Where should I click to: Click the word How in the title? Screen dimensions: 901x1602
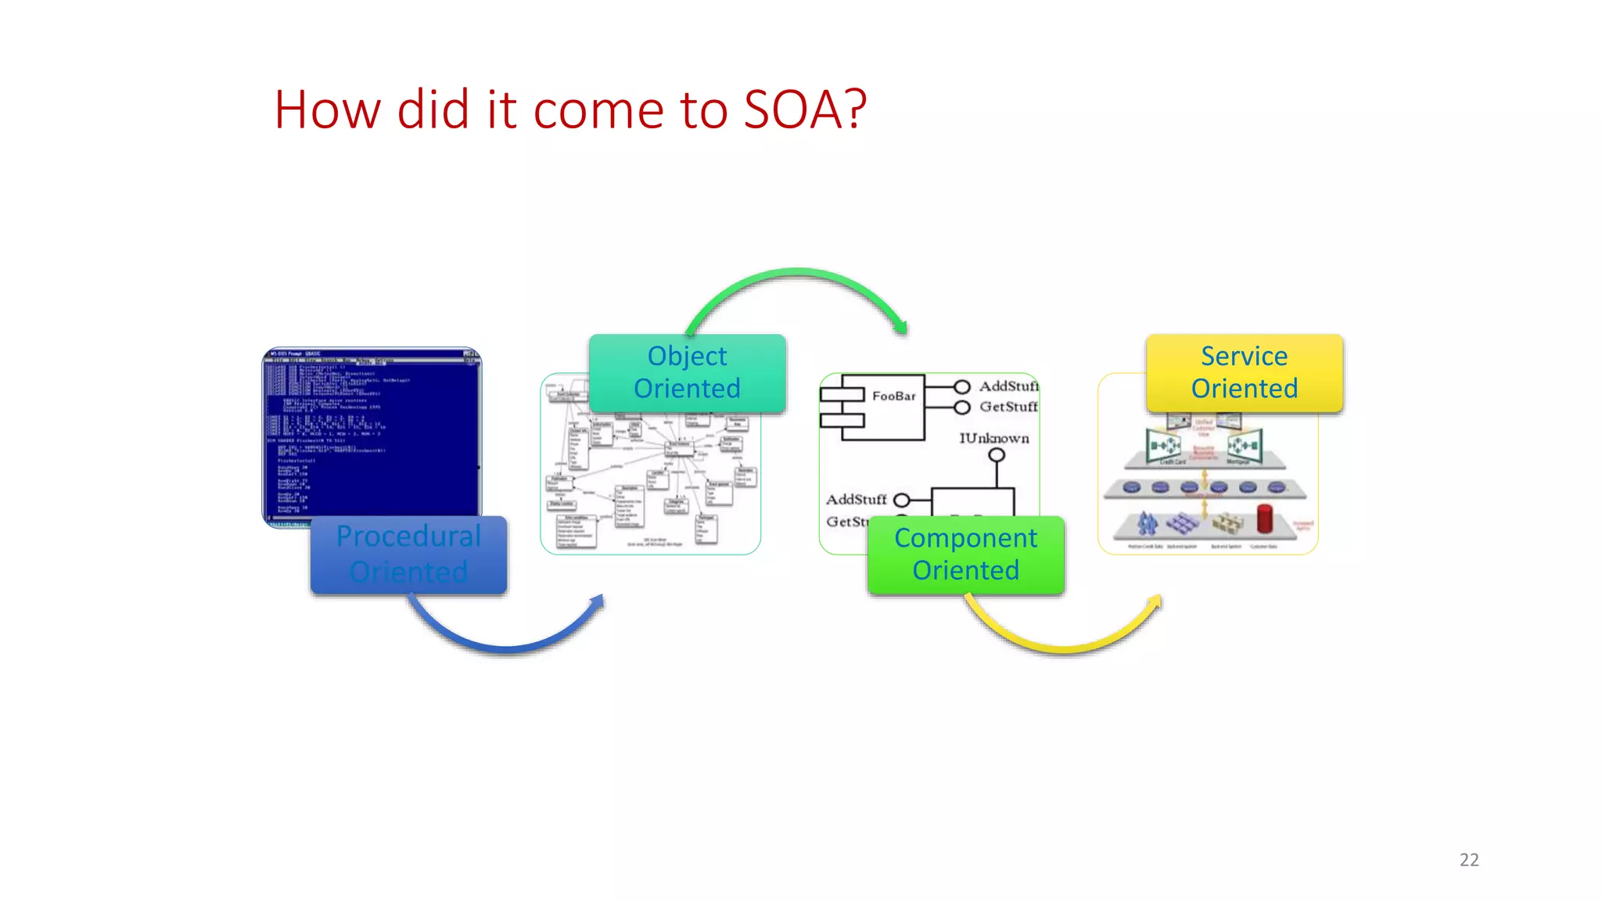[327, 109]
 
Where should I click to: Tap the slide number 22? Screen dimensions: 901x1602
[1469, 860]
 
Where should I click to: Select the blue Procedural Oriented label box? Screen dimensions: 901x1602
[408, 555]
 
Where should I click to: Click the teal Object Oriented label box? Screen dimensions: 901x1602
[687, 373]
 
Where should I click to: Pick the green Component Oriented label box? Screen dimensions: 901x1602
[965, 555]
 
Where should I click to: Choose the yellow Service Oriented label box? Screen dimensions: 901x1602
[1244, 373]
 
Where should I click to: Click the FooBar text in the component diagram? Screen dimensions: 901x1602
[893, 397]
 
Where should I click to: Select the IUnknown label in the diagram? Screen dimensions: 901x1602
[994, 438]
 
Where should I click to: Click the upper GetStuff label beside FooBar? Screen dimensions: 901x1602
[1008, 407]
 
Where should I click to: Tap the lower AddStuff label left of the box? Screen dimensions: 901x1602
[857, 499]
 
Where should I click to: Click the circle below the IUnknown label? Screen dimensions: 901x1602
[997, 455]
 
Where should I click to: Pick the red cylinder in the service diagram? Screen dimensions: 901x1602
[1264, 519]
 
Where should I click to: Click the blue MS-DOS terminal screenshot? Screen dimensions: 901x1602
[372, 434]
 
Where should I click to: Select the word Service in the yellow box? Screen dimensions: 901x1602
[1244, 357]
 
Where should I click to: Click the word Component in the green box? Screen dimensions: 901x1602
[965, 538]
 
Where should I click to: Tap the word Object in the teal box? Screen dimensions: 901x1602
[687, 357]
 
